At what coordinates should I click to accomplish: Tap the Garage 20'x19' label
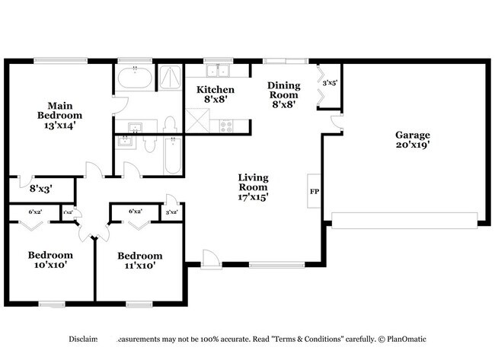(x=412, y=140)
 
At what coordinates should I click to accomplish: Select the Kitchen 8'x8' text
(x=216, y=94)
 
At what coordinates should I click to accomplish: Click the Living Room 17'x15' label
(x=254, y=186)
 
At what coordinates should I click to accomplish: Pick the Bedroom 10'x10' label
(x=50, y=260)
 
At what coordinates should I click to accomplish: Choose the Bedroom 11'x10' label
(x=139, y=261)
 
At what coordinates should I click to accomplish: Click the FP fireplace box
(x=314, y=191)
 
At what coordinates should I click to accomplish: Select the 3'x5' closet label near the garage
(x=330, y=82)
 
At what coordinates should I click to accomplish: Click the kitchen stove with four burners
(x=227, y=124)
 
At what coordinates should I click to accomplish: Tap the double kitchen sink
(x=218, y=72)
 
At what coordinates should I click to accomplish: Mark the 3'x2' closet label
(x=172, y=212)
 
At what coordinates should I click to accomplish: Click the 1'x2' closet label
(x=69, y=212)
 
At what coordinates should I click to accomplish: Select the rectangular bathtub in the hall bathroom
(x=173, y=155)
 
